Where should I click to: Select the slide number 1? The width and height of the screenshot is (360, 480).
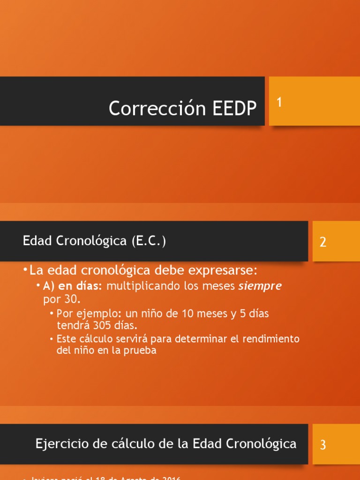pos(279,102)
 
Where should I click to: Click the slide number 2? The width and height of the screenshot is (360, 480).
pos(323,242)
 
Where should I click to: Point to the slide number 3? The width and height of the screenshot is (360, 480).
pos(323,445)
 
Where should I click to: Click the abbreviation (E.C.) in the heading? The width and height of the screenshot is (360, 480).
pos(149,241)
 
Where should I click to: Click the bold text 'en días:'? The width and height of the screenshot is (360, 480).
pos(80,286)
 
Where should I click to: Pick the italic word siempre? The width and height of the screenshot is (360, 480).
pos(260,286)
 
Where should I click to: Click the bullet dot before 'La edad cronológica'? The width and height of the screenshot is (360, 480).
pos(25,271)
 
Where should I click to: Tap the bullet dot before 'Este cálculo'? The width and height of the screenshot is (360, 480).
pos(52,339)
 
